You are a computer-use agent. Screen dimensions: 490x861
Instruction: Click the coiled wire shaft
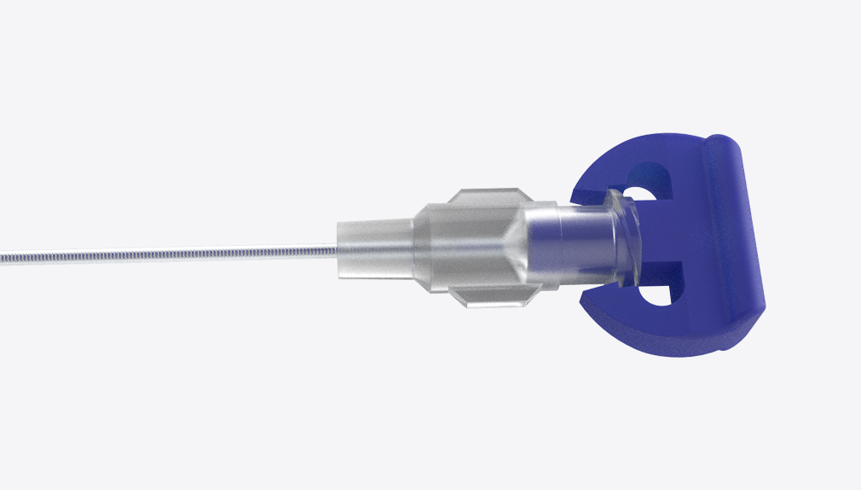click(170, 254)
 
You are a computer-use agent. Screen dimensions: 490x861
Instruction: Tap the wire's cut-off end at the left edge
click(3, 255)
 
